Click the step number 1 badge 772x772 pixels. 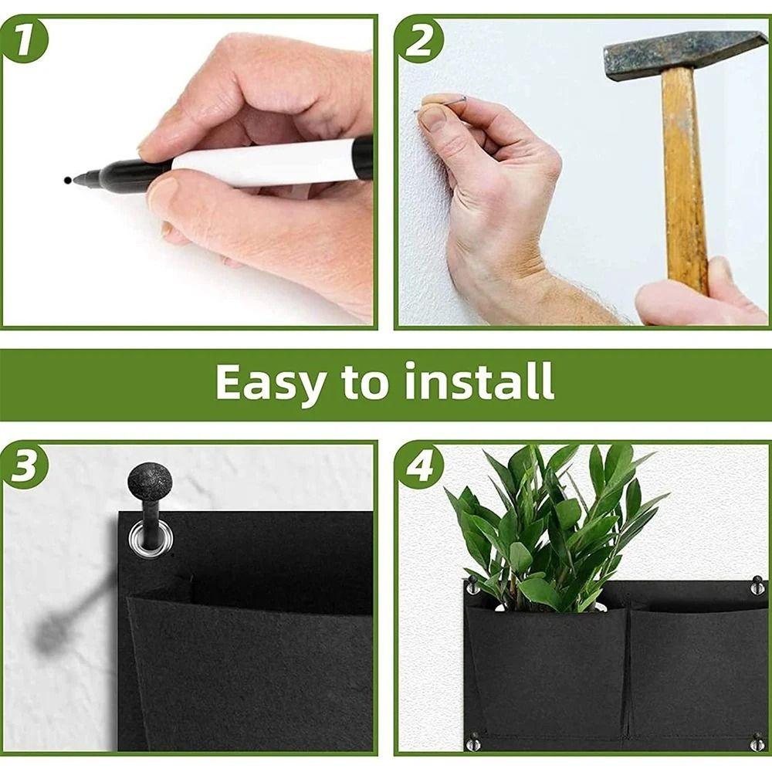[x=24, y=40]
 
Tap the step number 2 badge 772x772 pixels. [x=419, y=40]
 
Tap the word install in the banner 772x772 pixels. [x=479, y=381]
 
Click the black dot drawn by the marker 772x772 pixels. [x=67, y=180]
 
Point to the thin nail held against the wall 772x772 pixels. [x=441, y=104]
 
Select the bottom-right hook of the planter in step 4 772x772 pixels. [x=757, y=740]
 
